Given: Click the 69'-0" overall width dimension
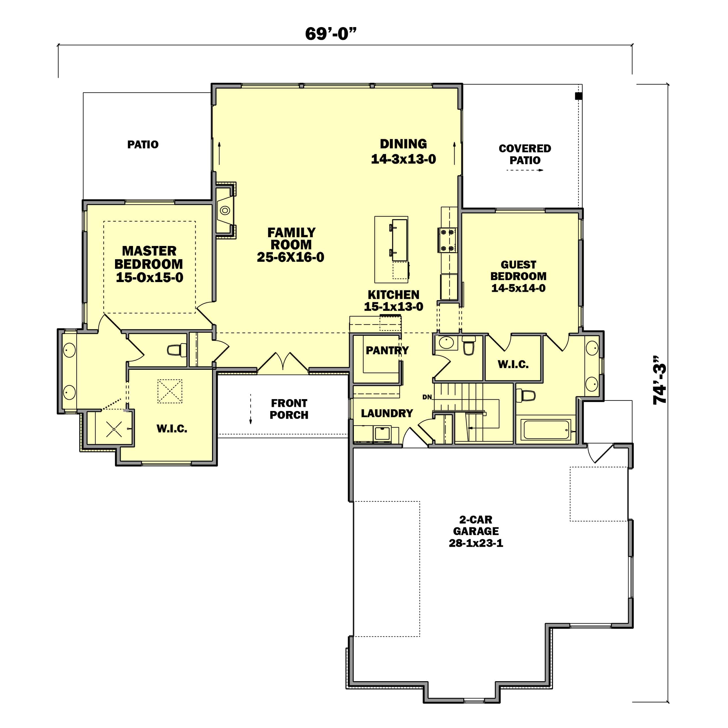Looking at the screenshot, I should point(330,34).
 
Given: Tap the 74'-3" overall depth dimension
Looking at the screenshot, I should point(659,380).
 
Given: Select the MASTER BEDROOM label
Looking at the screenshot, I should point(149,258).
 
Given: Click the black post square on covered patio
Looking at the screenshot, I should point(578,96).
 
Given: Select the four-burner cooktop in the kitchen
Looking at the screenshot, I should point(447,240).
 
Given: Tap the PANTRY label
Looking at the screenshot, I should point(387,350).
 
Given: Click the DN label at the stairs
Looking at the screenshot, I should point(427,397).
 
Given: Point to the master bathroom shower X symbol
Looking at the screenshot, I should point(114,429).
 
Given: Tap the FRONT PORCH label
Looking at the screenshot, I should point(289,409).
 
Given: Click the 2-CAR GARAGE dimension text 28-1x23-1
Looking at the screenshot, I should point(476,543).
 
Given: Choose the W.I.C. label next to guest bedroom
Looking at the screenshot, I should point(513,364).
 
